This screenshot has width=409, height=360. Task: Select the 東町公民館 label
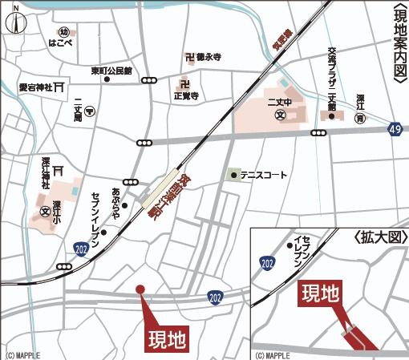111,71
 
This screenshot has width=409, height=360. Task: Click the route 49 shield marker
395,128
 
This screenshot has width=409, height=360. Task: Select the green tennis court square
233,174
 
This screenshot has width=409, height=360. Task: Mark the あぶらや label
117,202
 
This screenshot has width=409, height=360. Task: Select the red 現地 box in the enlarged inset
320,294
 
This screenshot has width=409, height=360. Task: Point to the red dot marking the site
140,289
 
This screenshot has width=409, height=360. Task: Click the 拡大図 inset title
376,239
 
